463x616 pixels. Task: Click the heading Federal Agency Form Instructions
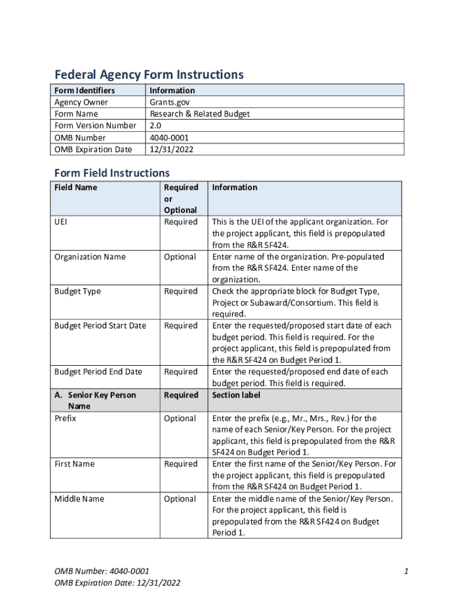coord(149,75)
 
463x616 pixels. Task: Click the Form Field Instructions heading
coord(112,173)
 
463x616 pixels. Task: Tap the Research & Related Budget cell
coord(200,114)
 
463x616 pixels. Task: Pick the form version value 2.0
coord(156,126)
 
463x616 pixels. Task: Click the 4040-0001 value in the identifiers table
coord(171,137)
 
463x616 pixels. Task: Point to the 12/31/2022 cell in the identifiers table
coord(172,149)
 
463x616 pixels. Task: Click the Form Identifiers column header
coord(84,90)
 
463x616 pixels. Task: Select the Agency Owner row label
coord(81,102)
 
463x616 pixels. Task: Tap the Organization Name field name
coord(90,257)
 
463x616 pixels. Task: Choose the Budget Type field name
coord(78,291)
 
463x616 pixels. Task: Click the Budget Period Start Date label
coord(100,325)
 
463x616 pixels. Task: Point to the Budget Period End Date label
coord(98,372)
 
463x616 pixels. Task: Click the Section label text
coord(235,395)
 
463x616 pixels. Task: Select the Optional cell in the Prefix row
coord(180,418)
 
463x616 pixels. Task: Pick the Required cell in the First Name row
coord(180,464)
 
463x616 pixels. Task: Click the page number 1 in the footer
coord(406,571)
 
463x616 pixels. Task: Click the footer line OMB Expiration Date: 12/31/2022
coord(117,583)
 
